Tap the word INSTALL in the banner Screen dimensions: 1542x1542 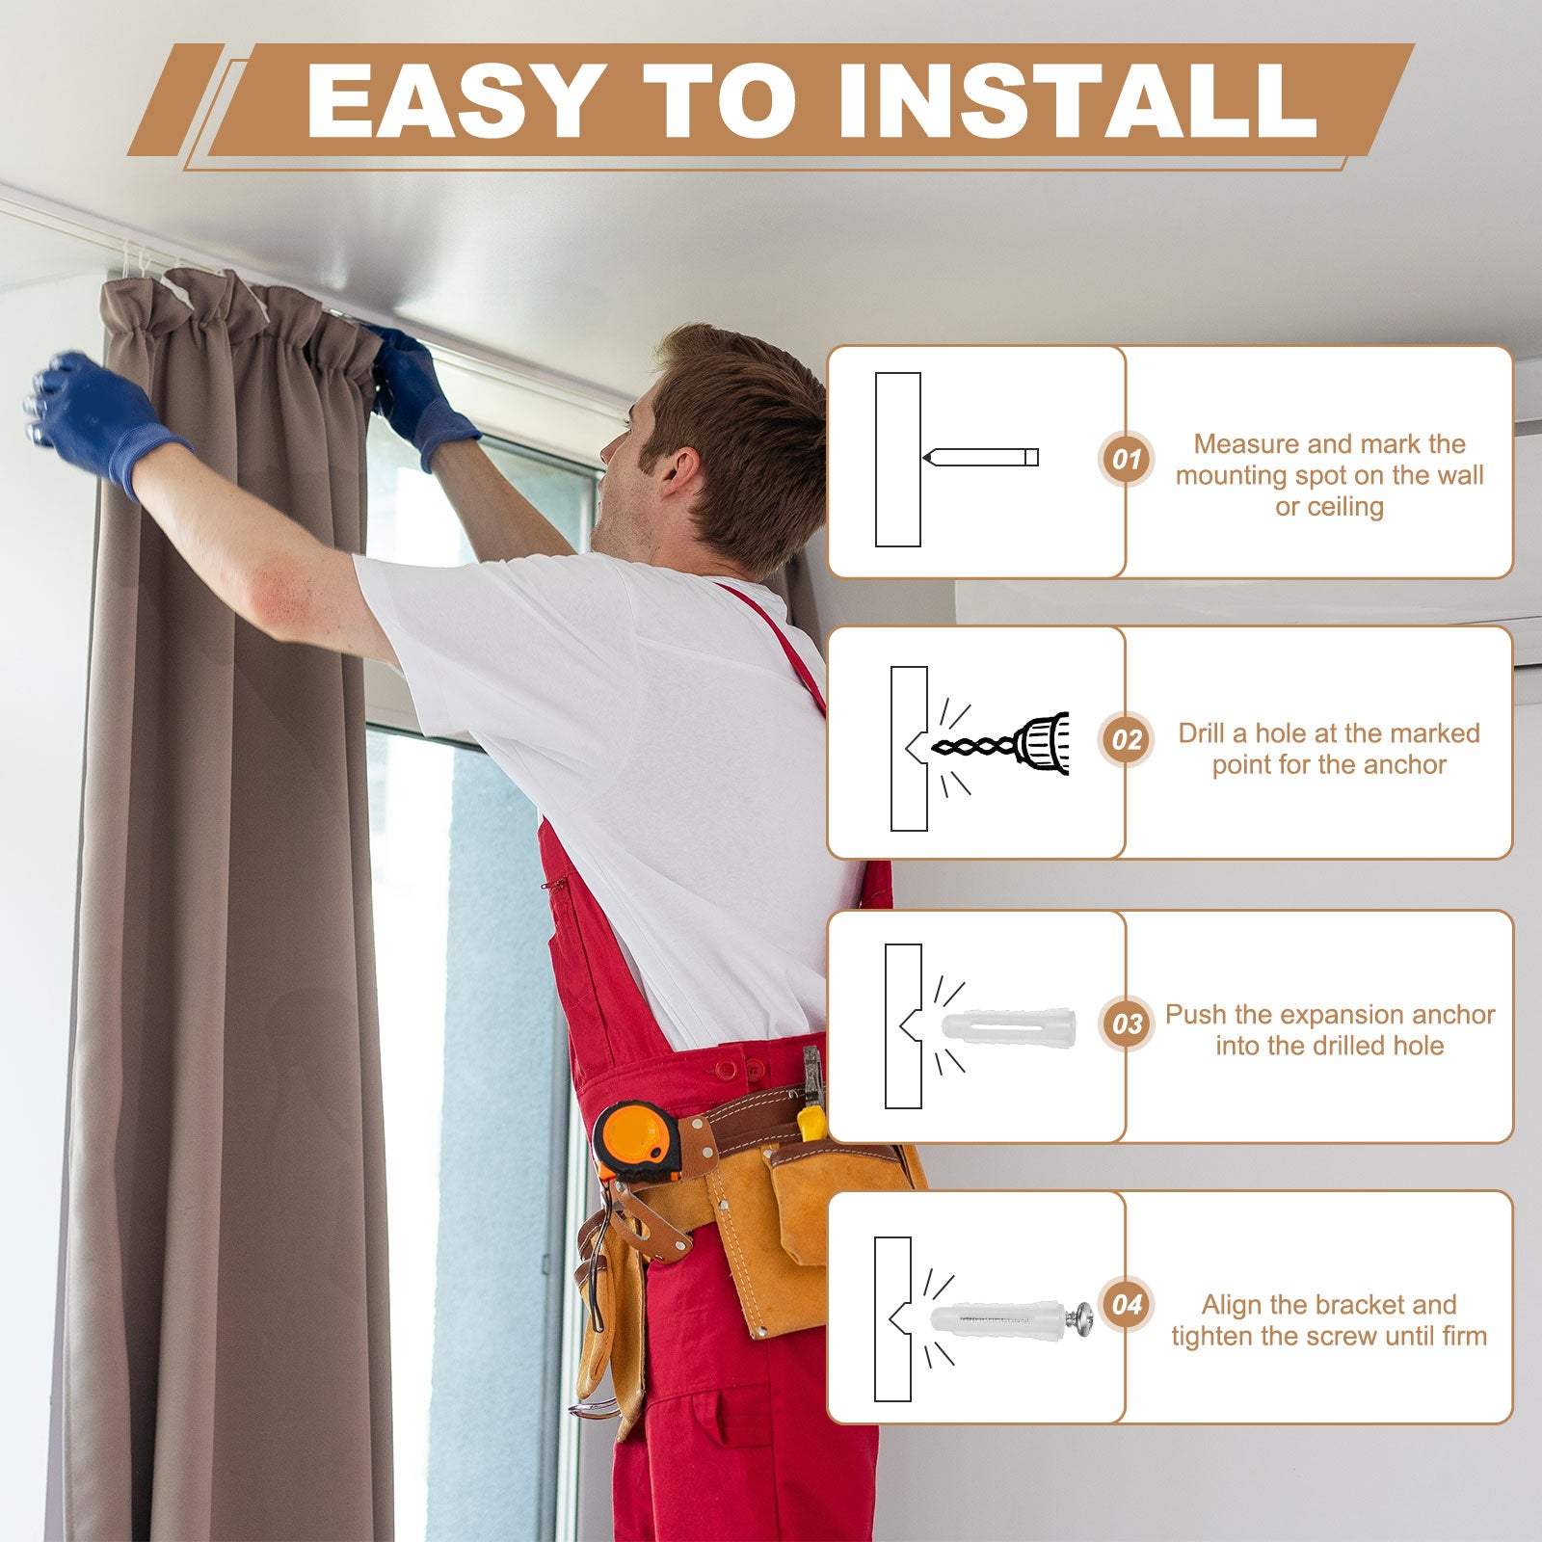(1077, 100)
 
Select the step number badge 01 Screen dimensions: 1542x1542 (1127, 459)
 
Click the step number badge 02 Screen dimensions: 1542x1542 (1127, 740)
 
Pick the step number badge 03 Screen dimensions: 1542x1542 (1127, 1024)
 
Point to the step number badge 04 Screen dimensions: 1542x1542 (1127, 1305)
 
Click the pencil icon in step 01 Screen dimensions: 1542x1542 (980, 457)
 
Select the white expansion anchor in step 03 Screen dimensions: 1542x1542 (1008, 1026)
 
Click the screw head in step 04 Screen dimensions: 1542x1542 (1083, 1317)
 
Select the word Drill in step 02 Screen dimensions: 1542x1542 (1202, 733)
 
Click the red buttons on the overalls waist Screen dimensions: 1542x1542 (738, 1070)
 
